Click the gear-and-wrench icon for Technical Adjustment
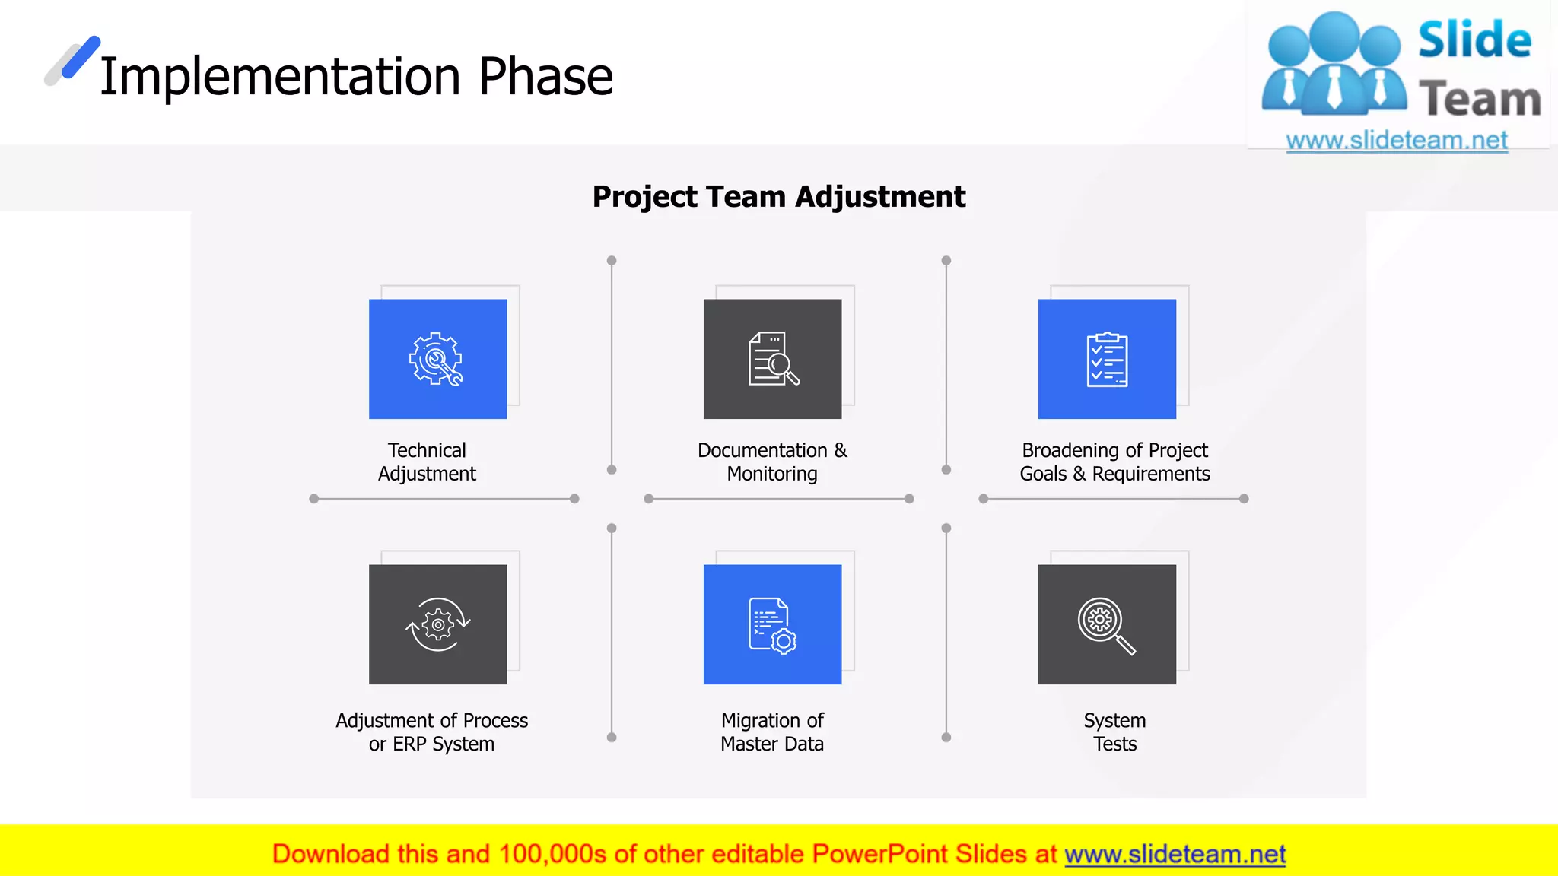[x=436, y=359]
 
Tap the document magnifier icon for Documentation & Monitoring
[x=773, y=359]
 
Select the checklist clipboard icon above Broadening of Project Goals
[x=1107, y=359]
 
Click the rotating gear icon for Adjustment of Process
[x=437, y=624]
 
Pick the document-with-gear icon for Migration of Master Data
[x=772, y=625]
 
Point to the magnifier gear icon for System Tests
[x=1106, y=625]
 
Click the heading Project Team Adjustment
[x=778, y=197]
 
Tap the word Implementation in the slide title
[x=280, y=77]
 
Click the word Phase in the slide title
[x=545, y=77]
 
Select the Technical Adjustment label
[x=427, y=462]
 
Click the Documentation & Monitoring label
[x=772, y=462]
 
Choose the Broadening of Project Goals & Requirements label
[x=1114, y=462]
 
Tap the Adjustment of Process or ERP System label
[x=431, y=732]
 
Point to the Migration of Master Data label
[x=772, y=732]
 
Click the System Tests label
[x=1114, y=732]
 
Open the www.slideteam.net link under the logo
[x=1397, y=141]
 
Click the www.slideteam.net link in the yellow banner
[x=1175, y=854]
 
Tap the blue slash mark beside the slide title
[x=80, y=57]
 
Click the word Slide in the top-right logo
[x=1474, y=40]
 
